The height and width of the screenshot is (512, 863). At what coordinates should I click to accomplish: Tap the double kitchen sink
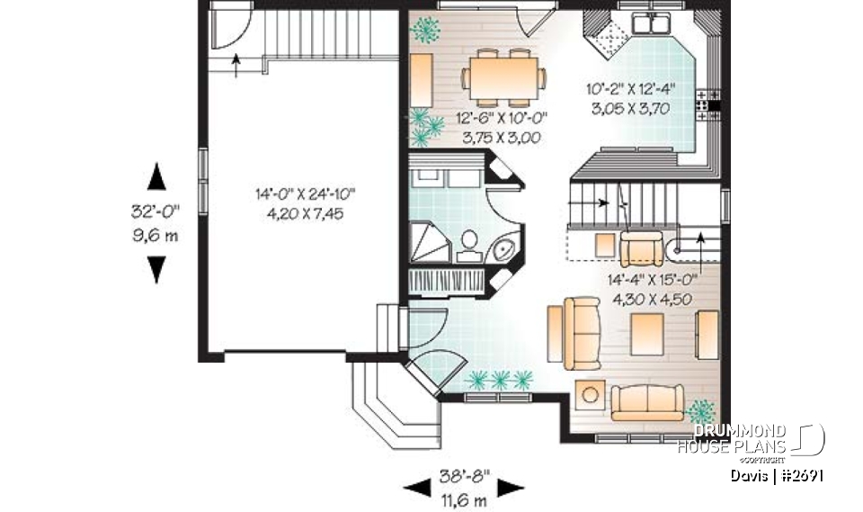[x=652, y=22]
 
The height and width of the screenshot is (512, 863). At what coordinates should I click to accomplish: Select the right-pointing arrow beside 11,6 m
[x=512, y=488]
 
